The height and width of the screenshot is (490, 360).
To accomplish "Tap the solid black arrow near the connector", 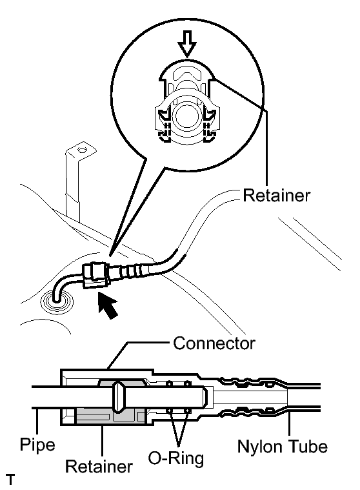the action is [x=107, y=305].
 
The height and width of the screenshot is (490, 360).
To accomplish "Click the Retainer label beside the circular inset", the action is [x=277, y=196].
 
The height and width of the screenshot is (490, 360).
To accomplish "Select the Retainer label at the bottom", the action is [x=99, y=467].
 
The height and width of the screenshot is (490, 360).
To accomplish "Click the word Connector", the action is [x=214, y=343].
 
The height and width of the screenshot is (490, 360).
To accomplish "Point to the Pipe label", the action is [x=37, y=445].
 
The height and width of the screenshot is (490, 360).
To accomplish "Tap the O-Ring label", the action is [x=175, y=459].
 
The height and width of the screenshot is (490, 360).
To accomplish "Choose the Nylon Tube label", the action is [x=283, y=446].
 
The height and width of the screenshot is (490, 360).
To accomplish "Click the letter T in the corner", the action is [x=10, y=480].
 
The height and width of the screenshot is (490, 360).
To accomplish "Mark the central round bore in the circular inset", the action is [x=186, y=116].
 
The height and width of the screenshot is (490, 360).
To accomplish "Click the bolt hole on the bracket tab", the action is [x=81, y=150].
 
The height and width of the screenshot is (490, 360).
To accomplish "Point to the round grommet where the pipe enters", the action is [x=57, y=302].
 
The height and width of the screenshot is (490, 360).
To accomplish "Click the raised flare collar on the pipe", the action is [x=119, y=397].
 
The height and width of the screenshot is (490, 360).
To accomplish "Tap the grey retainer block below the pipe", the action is [x=110, y=416].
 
